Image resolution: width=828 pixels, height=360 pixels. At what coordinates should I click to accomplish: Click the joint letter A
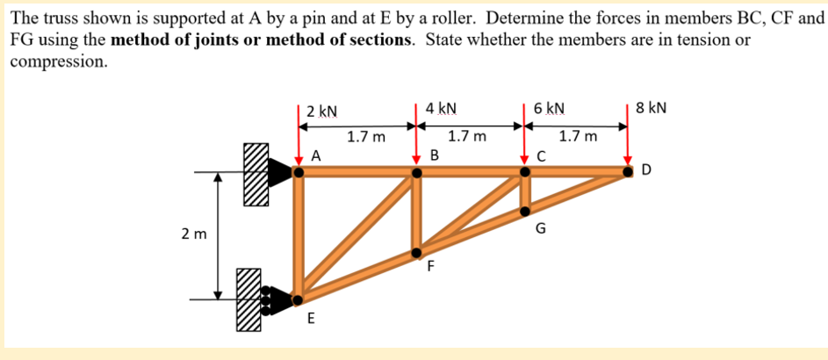(x=316, y=156)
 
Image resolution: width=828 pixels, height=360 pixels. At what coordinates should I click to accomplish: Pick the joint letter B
(x=435, y=156)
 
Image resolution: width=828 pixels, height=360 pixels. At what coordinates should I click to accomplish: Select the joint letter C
(x=542, y=157)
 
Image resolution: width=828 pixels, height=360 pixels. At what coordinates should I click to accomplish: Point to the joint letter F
(x=431, y=269)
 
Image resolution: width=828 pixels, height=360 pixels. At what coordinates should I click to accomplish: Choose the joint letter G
(x=541, y=230)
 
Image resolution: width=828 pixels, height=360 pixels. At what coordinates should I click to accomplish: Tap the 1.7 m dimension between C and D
(x=578, y=136)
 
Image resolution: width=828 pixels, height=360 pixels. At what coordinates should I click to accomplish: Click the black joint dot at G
(x=525, y=211)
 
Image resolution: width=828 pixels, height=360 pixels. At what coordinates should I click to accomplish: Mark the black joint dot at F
(x=418, y=253)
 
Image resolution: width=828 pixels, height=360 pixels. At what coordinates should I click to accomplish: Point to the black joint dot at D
(x=629, y=172)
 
